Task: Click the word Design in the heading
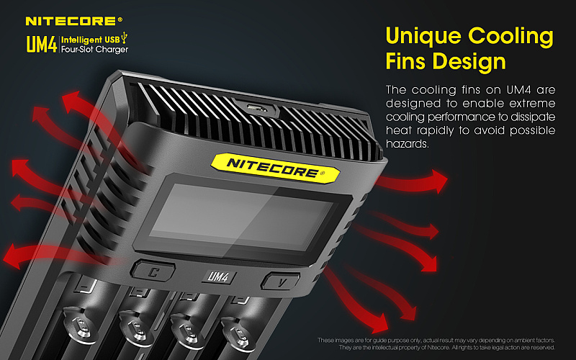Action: [472, 61]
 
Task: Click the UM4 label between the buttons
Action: [218, 276]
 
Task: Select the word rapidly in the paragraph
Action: [436, 130]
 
